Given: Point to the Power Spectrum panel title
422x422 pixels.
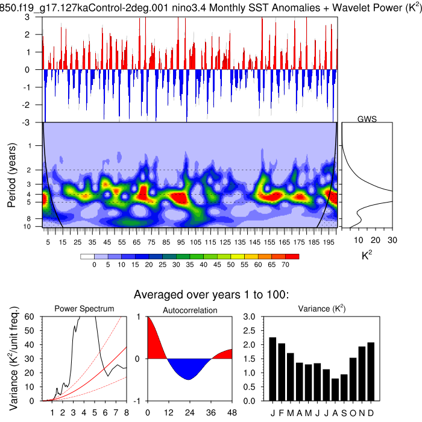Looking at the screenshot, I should [84, 309].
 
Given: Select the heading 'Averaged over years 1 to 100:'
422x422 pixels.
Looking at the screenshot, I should [212, 295].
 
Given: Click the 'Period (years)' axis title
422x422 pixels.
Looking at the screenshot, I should [11, 175].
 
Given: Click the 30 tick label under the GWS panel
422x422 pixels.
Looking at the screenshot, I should [392, 239].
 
